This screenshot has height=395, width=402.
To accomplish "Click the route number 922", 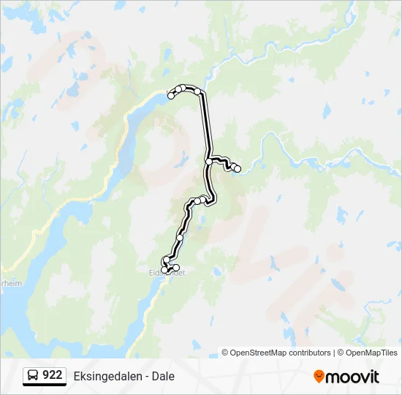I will pyautogui.click(x=53, y=375).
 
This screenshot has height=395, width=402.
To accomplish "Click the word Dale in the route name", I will pyautogui.click(x=163, y=376).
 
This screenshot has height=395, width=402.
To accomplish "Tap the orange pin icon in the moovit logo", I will pyautogui.click(x=319, y=376).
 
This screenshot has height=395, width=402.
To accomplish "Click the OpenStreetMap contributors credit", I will pyautogui.click(x=281, y=353).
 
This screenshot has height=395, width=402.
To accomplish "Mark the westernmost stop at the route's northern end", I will pyautogui.click(x=171, y=96).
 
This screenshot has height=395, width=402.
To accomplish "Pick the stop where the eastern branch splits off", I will pyautogui.click(x=209, y=162).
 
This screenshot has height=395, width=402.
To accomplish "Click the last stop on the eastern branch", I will pyautogui.click(x=238, y=169).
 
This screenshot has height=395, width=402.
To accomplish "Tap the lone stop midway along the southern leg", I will pyautogui.click(x=180, y=238).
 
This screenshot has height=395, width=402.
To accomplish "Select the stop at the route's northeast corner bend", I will pyautogui.click(x=197, y=91).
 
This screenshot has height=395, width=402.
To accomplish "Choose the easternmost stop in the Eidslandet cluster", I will pyautogui.click(x=176, y=268).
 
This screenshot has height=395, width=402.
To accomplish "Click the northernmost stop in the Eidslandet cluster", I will pyautogui.click(x=167, y=260).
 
